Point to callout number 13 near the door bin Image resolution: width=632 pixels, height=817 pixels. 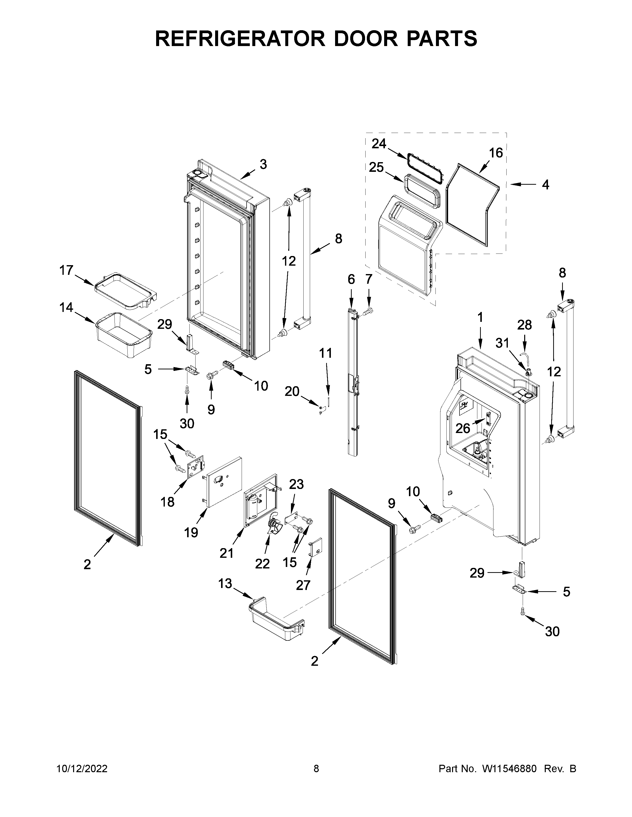225,583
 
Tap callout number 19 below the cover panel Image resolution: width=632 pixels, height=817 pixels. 191,532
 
